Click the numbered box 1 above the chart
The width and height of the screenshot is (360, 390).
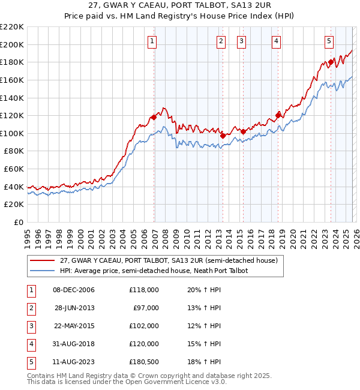(152, 41)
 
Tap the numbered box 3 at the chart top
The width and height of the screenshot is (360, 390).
(241, 41)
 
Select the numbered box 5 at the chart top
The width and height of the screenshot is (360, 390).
(329, 41)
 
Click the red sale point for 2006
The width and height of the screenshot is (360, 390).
(154, 118)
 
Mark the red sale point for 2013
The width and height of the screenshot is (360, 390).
(223, 136)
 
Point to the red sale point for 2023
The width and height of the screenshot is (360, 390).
(331, 62)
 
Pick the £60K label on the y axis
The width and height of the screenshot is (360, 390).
(14, 169)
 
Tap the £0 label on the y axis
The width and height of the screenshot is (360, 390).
(19, 223)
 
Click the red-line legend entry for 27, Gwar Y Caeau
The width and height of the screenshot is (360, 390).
(168, 261)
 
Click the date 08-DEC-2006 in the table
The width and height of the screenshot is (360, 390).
(74, 290)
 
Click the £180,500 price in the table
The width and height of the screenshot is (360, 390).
(144, 362)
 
